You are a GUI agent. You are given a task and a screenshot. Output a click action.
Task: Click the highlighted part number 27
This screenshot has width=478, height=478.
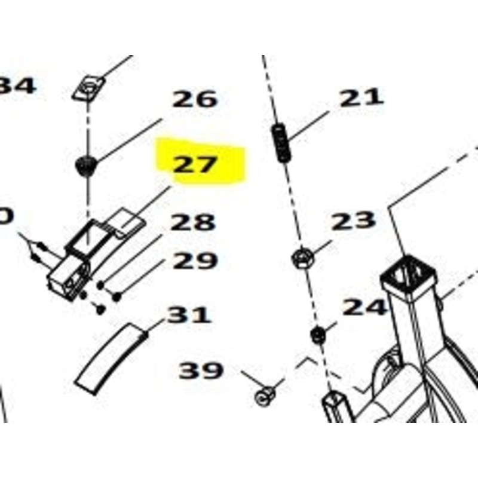(194, 164)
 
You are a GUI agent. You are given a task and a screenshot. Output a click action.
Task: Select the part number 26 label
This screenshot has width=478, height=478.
(194, 100)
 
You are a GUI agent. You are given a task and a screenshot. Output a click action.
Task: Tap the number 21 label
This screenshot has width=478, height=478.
(361, 98)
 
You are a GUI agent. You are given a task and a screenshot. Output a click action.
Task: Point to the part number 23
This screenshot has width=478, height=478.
(354, 221)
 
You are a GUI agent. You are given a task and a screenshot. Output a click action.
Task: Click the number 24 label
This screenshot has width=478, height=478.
(364, 308)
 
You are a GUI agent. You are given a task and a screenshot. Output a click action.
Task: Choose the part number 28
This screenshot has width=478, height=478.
(192, 223)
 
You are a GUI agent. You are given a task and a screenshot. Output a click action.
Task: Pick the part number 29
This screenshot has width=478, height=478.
(194, 261)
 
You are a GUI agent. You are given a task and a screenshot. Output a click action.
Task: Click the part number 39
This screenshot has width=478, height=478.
(201, 371)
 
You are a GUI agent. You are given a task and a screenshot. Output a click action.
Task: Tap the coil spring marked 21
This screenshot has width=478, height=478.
(281, 142)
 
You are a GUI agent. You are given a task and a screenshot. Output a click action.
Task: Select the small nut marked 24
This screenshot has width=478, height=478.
(317, 335)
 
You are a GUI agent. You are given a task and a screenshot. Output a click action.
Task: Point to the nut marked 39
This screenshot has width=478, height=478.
(265, 395)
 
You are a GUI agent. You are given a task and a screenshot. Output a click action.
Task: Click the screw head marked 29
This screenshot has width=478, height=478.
(117, 296)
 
